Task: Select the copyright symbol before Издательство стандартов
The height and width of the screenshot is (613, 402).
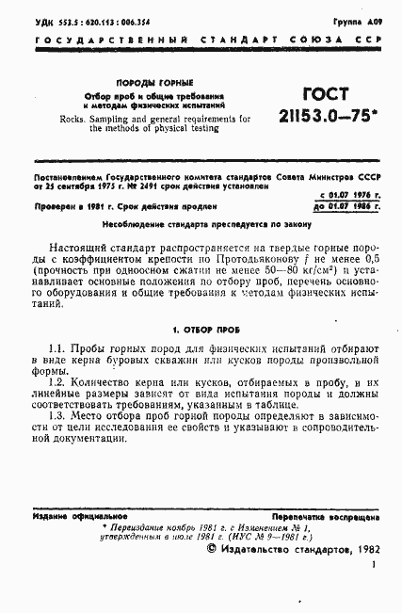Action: pyautogui.click(x=212, y=549)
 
